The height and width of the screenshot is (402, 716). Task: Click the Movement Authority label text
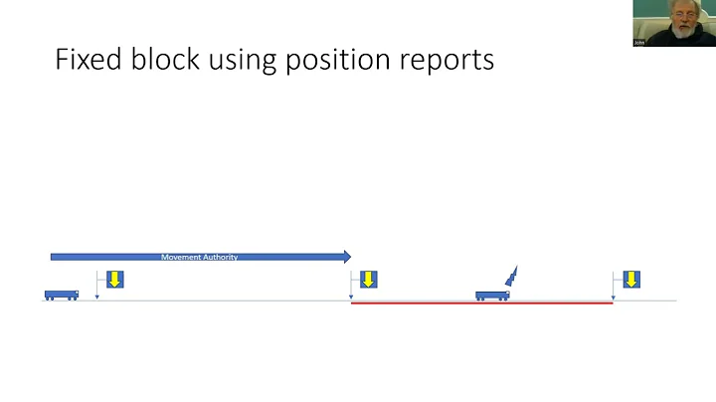199,258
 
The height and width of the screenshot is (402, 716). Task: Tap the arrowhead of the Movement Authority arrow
346,257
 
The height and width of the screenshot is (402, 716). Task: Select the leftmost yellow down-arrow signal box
114,280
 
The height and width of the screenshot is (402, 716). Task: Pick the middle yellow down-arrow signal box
368,280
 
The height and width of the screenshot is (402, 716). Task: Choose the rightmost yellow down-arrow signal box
630,280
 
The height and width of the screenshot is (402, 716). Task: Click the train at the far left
61,295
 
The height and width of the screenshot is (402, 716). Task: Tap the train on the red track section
491,296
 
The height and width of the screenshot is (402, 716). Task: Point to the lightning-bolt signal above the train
512,277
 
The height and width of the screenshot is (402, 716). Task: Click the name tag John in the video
638,43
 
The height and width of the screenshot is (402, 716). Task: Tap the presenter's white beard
680,31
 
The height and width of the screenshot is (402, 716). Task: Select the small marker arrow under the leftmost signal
96,296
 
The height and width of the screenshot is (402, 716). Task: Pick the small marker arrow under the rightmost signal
613,296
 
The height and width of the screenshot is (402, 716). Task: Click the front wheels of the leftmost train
73,299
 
